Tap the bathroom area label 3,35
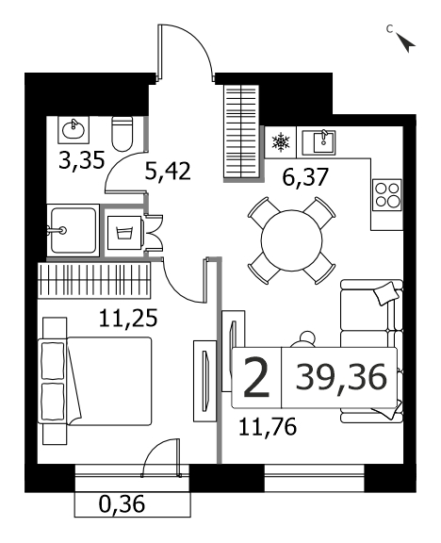click(x=82, y=160)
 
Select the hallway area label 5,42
click(x=168, y=171)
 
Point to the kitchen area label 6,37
click(x=304, y=176)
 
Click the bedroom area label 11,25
click(x=128, y=318)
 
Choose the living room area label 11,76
click(x=268, y=426)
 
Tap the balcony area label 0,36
click(x=122, y=504)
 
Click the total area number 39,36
click(x=341, y=376)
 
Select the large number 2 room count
click(x=256, y=377)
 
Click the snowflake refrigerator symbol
click(x=281, y=142)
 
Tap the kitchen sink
click(x=318, y=142)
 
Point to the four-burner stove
click(x=387, y=195)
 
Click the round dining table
click(x=291, y=240)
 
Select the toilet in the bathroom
click(x=122, y=134)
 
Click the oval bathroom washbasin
click(x=73, y=130)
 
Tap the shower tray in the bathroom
click(x=73, y=230)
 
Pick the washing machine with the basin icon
click(x=124, y=233)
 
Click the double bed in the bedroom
click(x=97, y=381)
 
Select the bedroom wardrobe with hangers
click(x=94, y=281)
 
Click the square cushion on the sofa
click(x=386, y=293)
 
